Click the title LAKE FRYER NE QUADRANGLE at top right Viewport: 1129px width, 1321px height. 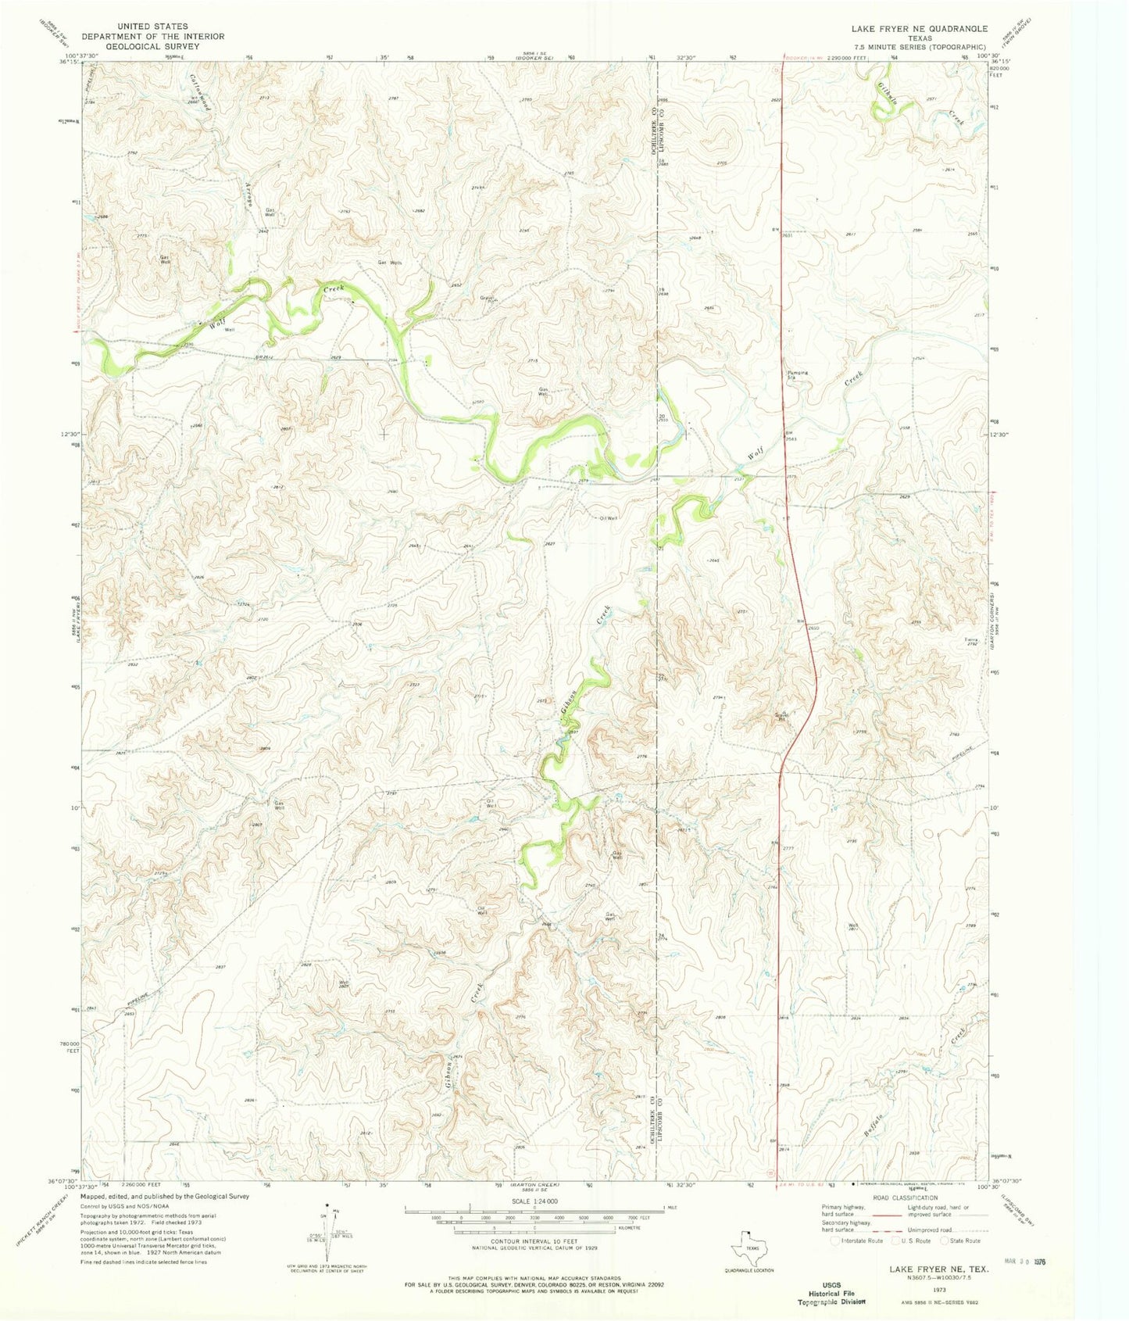click(x=920, y=28)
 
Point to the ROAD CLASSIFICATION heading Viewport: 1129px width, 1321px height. click(x=904, y=1197)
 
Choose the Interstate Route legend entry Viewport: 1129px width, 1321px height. click(x=857, y=1240)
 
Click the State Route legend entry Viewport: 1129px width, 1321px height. click(x=963, y=1240)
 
